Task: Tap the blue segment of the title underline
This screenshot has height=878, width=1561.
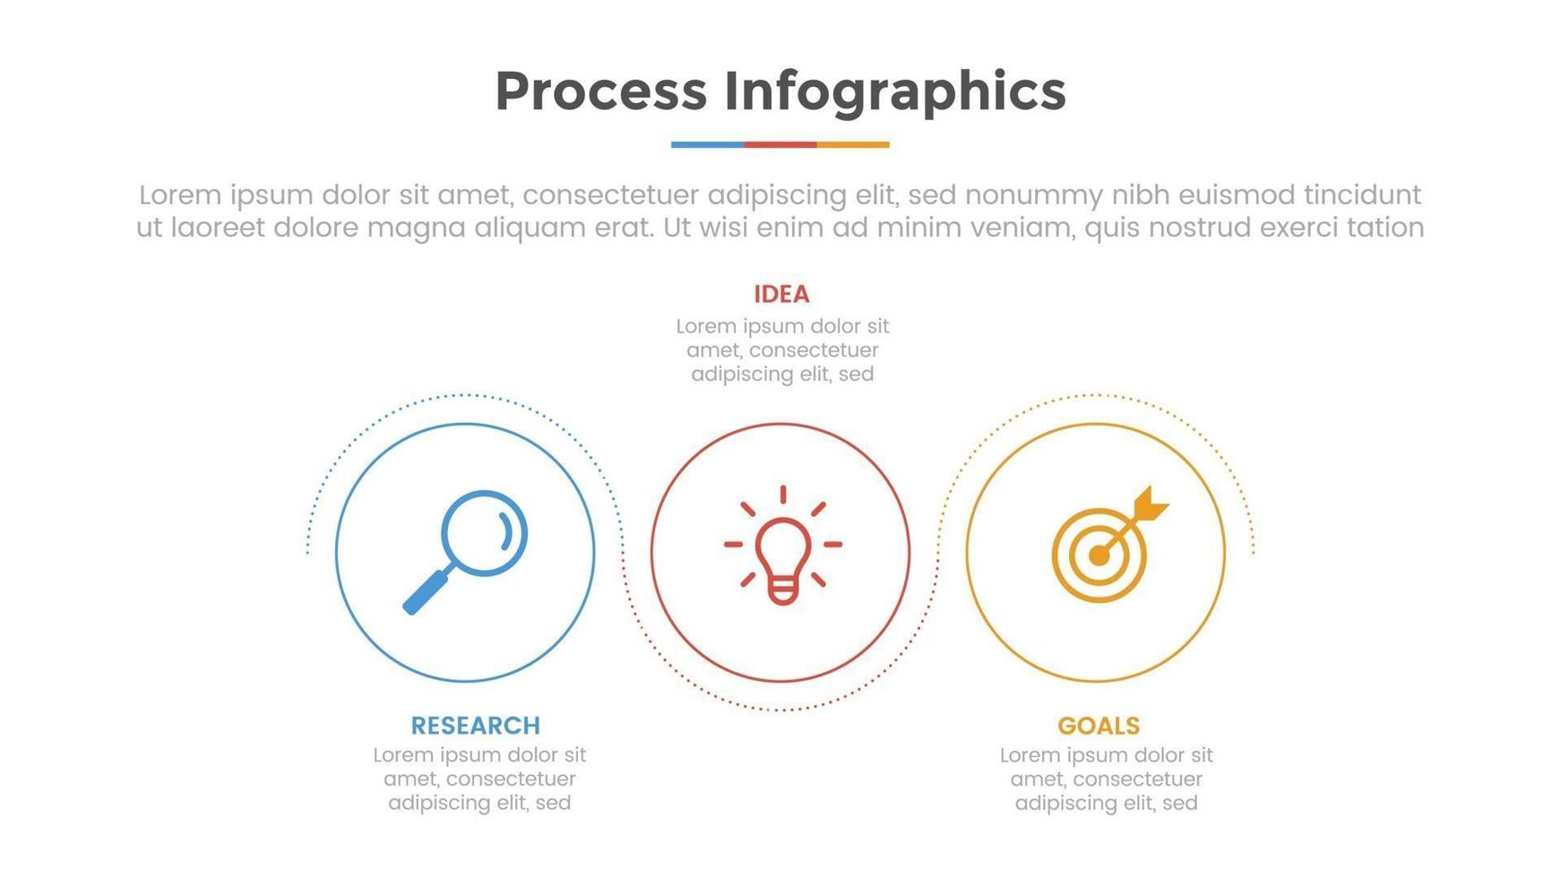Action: click(x=707, y=144)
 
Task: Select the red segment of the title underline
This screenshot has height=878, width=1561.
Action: click(x=780, y=144)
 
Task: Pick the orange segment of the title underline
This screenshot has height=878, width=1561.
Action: click(x=853, y=144)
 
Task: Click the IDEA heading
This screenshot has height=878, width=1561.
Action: click(x=781, y=294)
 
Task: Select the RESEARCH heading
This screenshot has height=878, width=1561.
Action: click(x=476, y=725)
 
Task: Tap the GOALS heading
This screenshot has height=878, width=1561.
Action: click(x=1099, y=725)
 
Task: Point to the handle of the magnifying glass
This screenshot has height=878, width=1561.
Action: click(x=427, y=590)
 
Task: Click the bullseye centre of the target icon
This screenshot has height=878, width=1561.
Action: click(x=1099, y=555)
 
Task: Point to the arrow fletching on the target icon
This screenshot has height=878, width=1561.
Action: click(x=1150, y=504)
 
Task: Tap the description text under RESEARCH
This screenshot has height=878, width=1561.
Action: click(x=479, y=779)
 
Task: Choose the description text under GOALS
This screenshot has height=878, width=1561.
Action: click(x=1107, y=779)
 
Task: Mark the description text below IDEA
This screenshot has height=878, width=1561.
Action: click(x=782, y=349)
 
